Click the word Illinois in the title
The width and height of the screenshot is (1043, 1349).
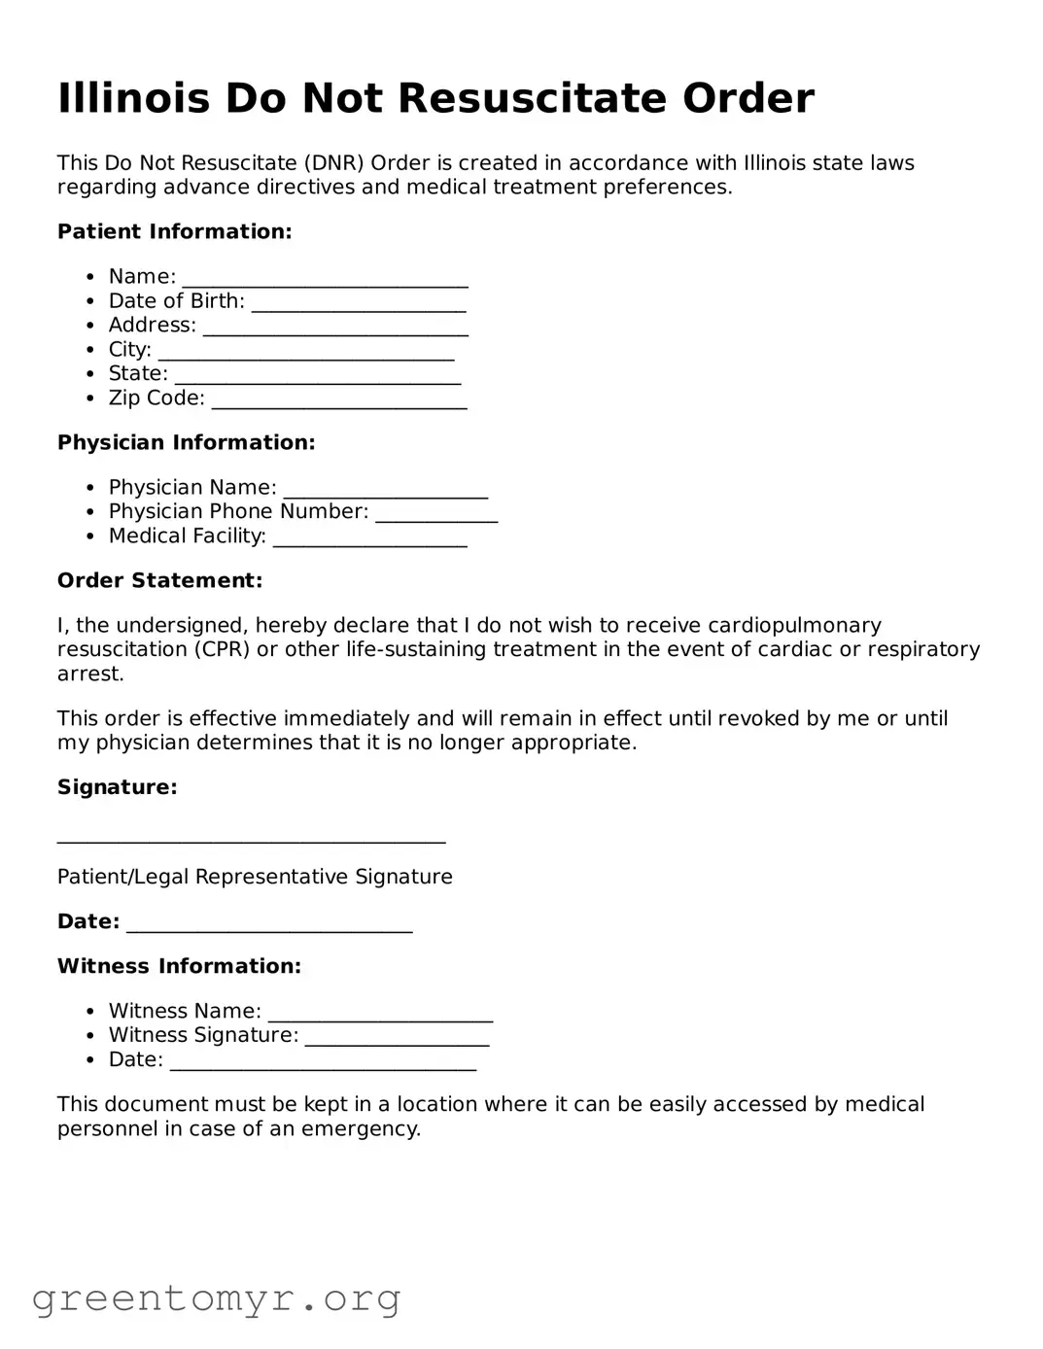133,99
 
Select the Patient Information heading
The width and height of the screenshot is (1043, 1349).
174,231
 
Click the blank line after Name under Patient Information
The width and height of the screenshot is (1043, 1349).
325,280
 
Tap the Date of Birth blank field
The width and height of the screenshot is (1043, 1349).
359,304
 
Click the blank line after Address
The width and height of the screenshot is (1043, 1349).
335,329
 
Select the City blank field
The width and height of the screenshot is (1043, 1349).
306,353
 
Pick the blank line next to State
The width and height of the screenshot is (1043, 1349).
317,377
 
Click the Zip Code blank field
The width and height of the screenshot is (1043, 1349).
338,401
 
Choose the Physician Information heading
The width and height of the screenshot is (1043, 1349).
186,442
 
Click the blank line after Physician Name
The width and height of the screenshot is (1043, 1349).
385,491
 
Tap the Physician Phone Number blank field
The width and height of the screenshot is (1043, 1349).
436,515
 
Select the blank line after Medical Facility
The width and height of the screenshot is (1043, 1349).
369,539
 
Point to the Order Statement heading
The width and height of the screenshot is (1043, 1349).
159,580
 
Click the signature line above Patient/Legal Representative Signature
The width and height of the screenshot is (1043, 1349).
251,838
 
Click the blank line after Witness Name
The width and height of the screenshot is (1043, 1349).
380,1015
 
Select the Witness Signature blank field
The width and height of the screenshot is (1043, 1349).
397,1039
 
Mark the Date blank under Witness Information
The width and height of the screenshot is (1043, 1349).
323,1063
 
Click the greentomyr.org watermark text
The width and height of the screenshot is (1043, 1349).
216,1298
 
